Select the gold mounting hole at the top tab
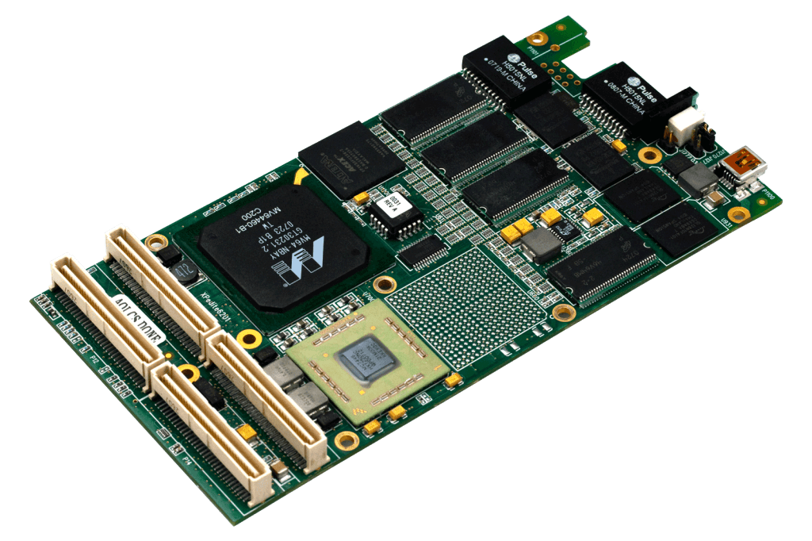pyautogui.click(x=538, y=38)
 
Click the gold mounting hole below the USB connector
pyautogui.click(x=739, y=214)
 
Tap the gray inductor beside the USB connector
pyautogui.click(x=696, y=180)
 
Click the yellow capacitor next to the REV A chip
pyautogui.click(x=361, y=198)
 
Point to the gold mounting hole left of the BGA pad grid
pyautogui.click(x=385, y=283)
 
